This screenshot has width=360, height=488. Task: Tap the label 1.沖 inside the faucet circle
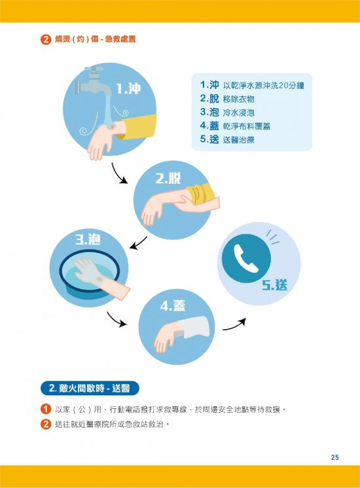point(128,88)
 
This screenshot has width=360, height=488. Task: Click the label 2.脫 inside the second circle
point(168,179)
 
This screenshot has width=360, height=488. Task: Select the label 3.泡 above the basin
point(88,239)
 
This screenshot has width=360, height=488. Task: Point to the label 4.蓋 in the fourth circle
point(173,305)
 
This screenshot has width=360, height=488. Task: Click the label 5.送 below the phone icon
point(274,285)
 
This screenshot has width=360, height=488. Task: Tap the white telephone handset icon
point(245,258)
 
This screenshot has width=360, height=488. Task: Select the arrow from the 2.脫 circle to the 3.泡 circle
point(139,243)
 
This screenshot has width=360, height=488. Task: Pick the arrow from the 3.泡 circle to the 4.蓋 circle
point(116,320)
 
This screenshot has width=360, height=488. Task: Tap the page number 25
point(334,457)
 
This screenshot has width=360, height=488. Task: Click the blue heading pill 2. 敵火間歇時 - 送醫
point(90,388)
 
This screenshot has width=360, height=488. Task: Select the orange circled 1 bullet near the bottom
point(46,409)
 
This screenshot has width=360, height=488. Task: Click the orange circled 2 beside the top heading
point(46,39)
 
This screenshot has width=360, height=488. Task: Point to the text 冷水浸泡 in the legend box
point(238,113)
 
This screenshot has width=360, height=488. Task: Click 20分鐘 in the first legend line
point(291,85)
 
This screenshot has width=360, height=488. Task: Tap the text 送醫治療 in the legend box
point(238,139)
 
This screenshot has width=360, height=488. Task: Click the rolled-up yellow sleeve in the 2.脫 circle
point(202,194)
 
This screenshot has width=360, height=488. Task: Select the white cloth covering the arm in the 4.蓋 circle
point(194,328)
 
